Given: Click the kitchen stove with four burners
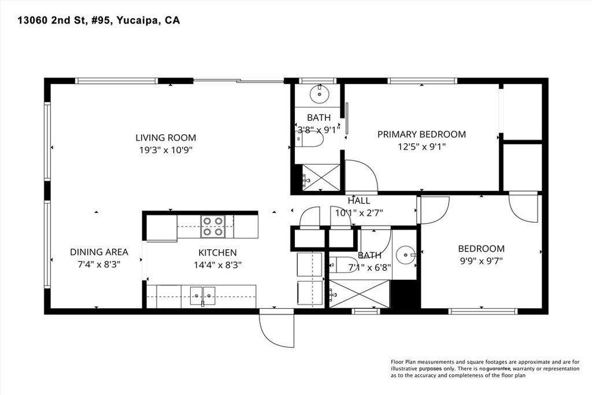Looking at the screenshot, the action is [213, 226].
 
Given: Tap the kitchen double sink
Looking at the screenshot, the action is [202, 296].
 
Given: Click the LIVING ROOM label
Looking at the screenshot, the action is [166, 138].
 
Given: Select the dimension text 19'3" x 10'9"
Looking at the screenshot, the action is [166, 150].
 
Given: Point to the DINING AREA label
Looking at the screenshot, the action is [99, 252].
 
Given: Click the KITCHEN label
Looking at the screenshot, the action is [217, 253].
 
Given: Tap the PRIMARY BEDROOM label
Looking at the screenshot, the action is [421, 134].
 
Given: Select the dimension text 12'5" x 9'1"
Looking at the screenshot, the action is [421, 146].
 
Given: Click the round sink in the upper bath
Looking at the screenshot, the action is [320, 94].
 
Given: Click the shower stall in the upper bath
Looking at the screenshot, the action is [321, 177].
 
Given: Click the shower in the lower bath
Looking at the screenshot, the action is [359, 293].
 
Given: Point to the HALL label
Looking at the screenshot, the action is [358, 201].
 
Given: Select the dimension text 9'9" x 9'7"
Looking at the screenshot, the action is [482, 261].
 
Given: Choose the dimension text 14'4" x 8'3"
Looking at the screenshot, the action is [217, 265].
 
